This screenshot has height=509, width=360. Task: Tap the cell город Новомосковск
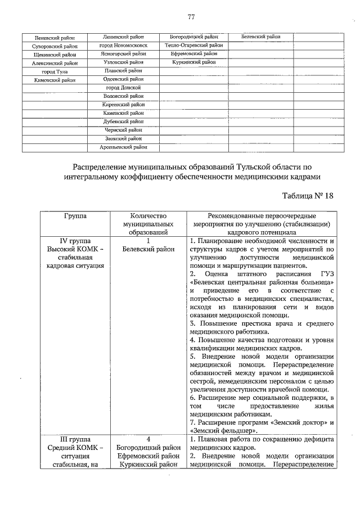[x=123, y=46]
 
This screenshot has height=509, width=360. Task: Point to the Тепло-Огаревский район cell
[x=194, y=45]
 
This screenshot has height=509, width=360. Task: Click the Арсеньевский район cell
[x=123, y=147]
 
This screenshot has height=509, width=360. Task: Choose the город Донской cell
[x=123, y=88]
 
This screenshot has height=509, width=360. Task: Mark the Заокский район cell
[x=123, y=138]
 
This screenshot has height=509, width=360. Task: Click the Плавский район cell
[x=123, y=71]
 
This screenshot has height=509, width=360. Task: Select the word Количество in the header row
[x=149, y=216]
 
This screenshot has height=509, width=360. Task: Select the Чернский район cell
[x=123, y=130]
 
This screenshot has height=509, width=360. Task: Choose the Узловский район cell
[x=123, y=62]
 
